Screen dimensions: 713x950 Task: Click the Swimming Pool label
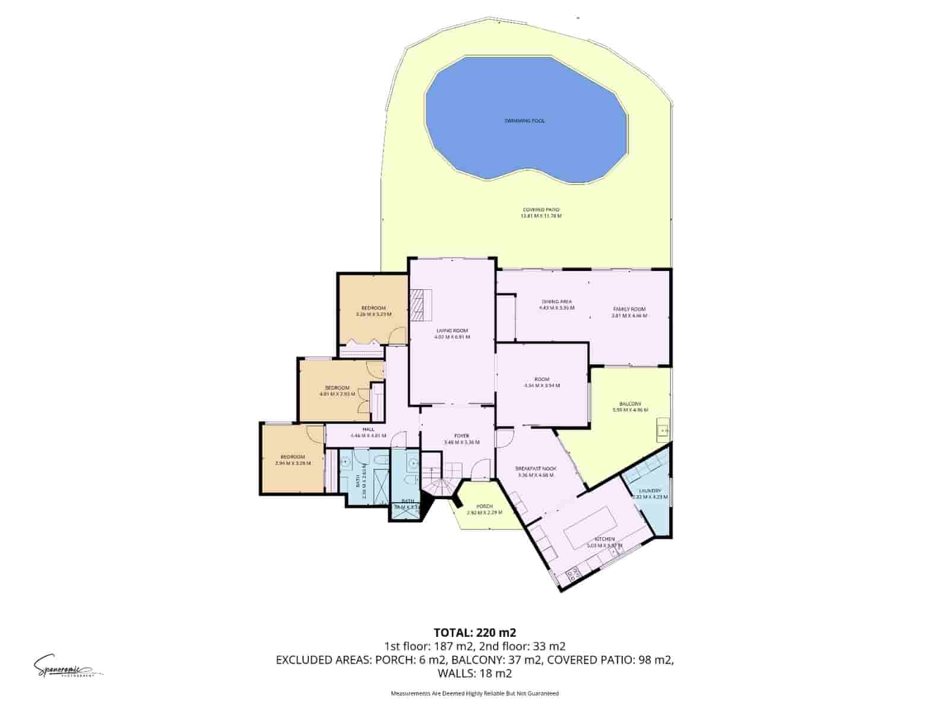click(524, 121)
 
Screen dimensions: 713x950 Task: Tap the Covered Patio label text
click(541, 213)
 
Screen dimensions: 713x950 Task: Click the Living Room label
click(452, 333)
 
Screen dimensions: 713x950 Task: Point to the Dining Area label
click(556, 304)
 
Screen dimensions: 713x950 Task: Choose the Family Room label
click(629, 312)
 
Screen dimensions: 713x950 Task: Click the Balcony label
click(630, 406)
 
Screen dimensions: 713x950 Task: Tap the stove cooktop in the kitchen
click(574, 573)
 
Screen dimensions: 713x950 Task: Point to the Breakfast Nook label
click(536, 471)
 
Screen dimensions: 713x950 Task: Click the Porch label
click(484, 509)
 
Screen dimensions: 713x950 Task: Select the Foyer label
click(461, 439)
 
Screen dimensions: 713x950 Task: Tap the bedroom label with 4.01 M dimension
click(337, 390)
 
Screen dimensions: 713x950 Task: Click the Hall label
click(368, 432)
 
